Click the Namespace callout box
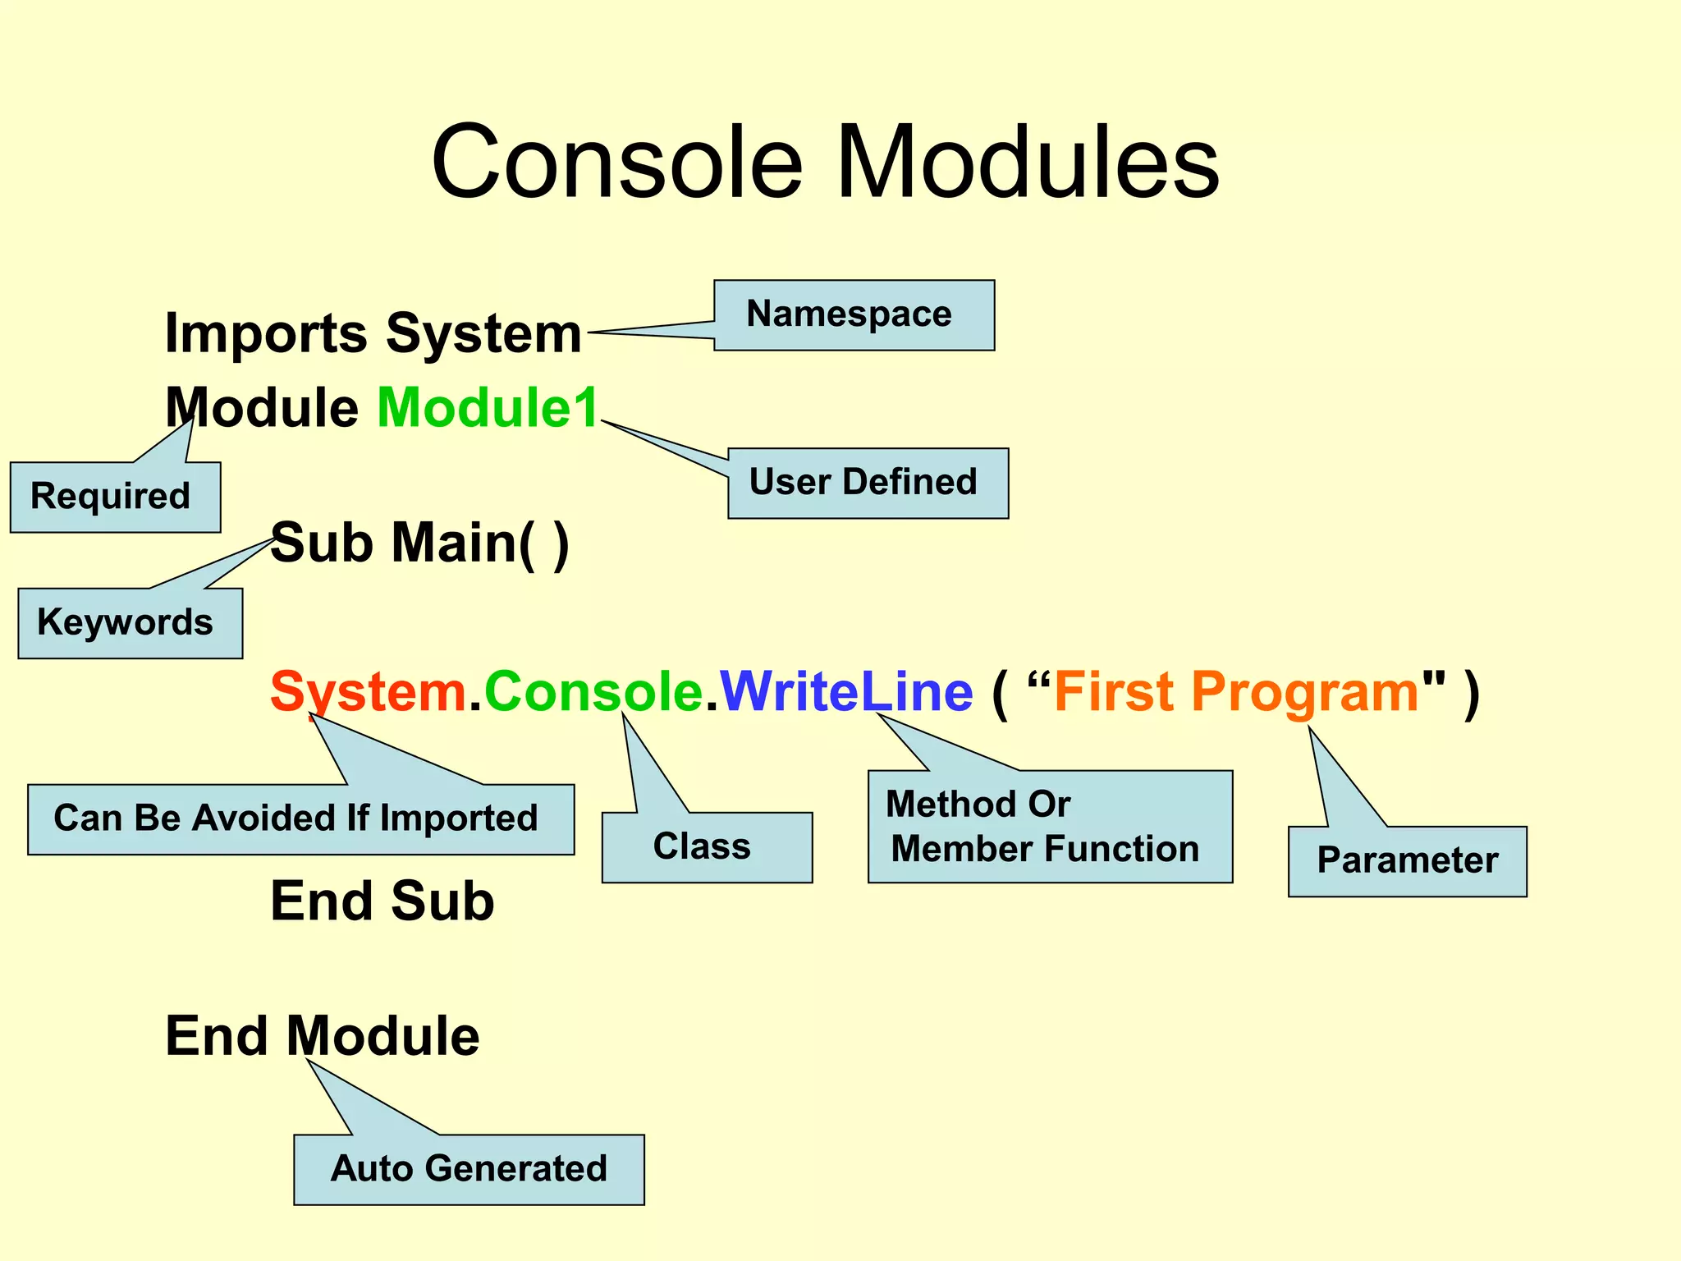pyautogui.click(x=854, y=315)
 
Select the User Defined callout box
pyautogui.click(x=868, y=484)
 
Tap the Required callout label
pyautogui.click(x=115, y=498)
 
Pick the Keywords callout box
pyautogui.click(x=130, y=623)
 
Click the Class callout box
pyautogui.click(x=707, y=847)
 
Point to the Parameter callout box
pyautogui.click(x=1407, y=861)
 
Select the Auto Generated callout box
pyautogui.click(x=469, y=1169)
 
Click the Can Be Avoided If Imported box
pyautogui.click(x=300, y=819)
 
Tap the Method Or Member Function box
pyautogui.click(x=1050, y=827)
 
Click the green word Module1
pyautogui.click(x=488, y=408)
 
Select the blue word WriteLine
pyautogui.click(x=846, y=691)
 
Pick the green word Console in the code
pyautogui.click(x=593, y=691)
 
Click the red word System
pyautogui.click(x=368, y=691)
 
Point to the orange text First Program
pyautogui.click(x=1236, y=691)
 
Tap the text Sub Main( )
pyautogui.click(x=419, y=543)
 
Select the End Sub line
pyautogui.click(x=382, y=901)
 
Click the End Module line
pyautogui.click(x=323, y=1036)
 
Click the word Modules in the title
pyautogui.click(x=1027, y=162)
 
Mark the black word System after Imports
pyautogui.click(x=483, y=334)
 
